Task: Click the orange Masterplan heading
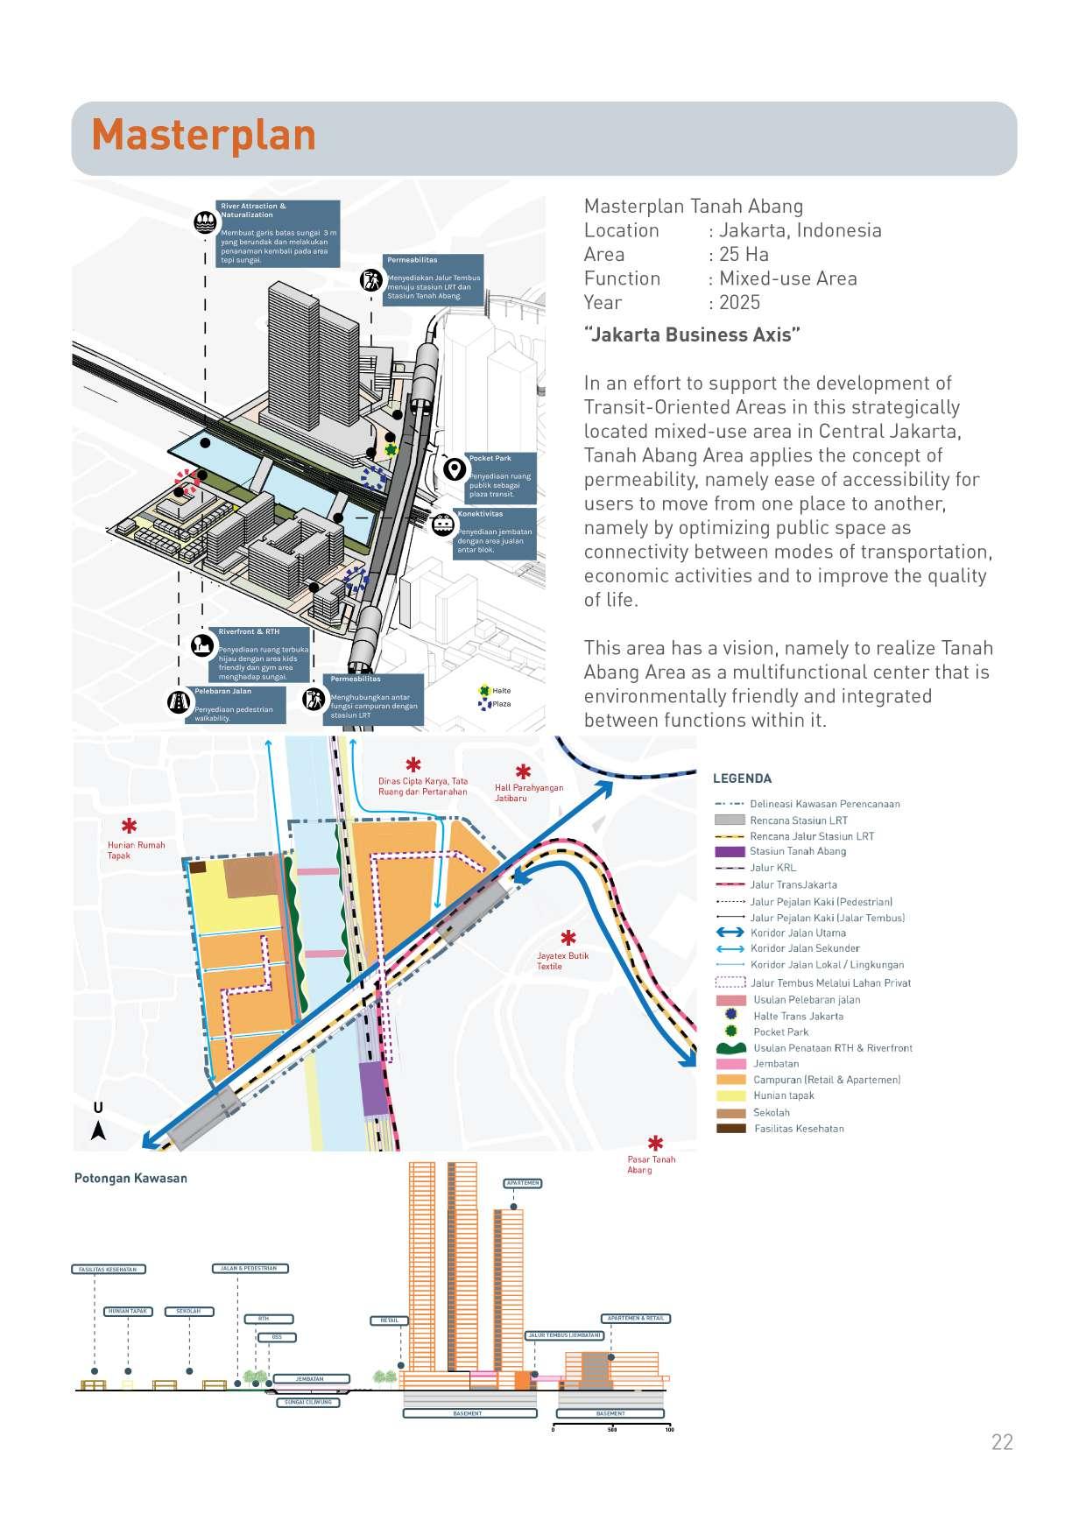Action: tap(203, 136)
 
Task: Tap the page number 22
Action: tap(1002, 1442)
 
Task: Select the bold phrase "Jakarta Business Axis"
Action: tap(692, 334)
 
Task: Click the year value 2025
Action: tap(739, 303)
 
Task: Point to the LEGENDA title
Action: tap(742, 778)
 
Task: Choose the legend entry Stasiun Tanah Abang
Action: tap(797, 851)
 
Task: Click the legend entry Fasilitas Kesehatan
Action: tap(799, 1129)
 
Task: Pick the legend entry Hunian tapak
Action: tap(783, 1095)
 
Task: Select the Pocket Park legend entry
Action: tap(780, 1032)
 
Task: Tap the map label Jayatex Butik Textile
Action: tap(562, 961)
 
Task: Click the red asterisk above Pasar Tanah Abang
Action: tap(655, 1143)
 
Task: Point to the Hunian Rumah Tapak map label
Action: tap(136, 850)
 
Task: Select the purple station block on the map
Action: tap(374, 1088)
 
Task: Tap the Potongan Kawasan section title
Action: tap(130, 1178)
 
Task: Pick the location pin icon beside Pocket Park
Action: tap(454, 468)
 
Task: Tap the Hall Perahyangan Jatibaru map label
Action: tap(528, 792)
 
